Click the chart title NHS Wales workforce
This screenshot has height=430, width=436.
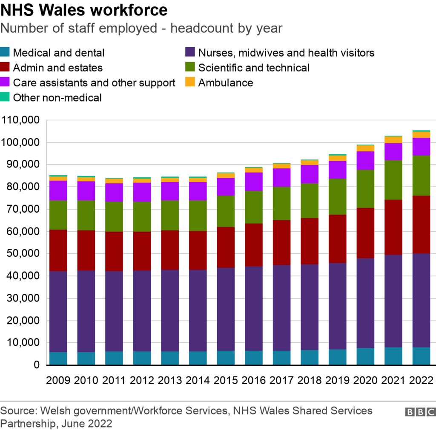[84, 10]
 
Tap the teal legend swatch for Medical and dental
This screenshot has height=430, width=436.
[6, 53]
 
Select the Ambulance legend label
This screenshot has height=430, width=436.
[225, 83]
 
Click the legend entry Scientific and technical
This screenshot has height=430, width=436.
[254, 68]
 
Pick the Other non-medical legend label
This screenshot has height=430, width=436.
[57, 98]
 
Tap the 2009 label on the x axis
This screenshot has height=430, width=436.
[58, 380]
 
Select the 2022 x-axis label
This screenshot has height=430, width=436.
[421, 380]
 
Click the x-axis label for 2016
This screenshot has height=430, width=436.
[253, 380]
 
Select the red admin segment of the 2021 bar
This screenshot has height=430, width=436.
[393, 227]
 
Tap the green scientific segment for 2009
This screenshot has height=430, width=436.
[58, 215]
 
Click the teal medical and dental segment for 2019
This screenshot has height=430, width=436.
[337, 357]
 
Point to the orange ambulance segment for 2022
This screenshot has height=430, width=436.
[421, 135]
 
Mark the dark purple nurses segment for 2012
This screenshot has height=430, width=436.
[142, 310]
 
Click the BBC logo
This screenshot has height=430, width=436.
[419, 412]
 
